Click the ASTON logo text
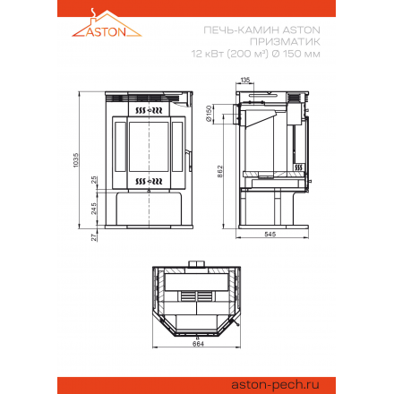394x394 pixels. [x=106, y=31]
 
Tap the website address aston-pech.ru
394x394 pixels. [x=275, y=384]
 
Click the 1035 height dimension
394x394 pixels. [x=76, y=160]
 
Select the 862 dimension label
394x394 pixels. [x=220, y=171]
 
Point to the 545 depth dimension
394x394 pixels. [x=270, y=235]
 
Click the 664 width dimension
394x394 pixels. [x=198, y=344]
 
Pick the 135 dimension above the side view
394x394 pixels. [x=245, y=80]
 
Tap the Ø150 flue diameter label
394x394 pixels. [x=209, y=114]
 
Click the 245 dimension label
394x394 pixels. [x=94, y=209]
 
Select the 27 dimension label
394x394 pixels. [x=94, y=237]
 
